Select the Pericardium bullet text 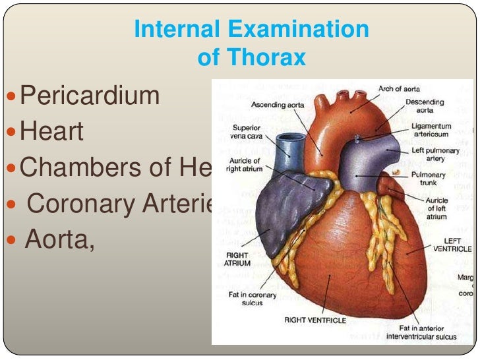pyautogui.click(x=90, y=97)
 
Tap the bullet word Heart pyautogui.click(x=52, y=132)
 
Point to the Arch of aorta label pyautogui.click(x=398, y=89)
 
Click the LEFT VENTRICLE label pyautogui.click(x=452, y=245)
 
